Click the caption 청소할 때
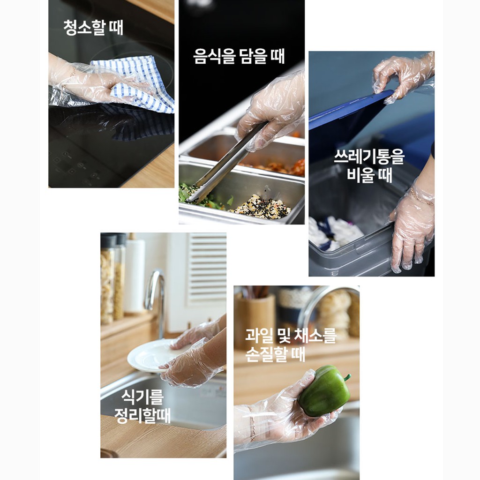93,28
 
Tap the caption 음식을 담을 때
239,56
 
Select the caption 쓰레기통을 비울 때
369,165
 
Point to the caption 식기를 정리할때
142,406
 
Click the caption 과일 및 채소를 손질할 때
291,345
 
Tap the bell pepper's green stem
347,377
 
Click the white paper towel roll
135,276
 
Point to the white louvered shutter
207,270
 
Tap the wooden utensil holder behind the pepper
255,322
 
